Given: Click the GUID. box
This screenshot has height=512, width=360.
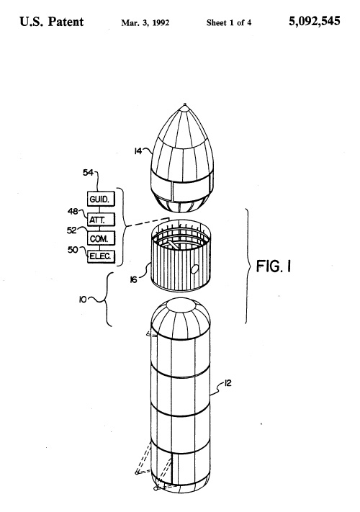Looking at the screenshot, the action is coord(102,199).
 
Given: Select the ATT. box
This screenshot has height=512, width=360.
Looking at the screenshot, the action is coord(102,219).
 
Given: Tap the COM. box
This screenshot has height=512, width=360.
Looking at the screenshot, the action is coord(102,238).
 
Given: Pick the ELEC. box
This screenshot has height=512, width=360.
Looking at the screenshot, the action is coord(102,256).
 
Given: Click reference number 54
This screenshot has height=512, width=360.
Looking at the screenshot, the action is coord(88,173).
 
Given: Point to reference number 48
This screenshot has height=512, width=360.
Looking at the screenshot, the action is coord(73,212).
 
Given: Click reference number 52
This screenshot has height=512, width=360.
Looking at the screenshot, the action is coord(72,230).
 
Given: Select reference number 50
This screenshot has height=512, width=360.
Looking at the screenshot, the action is coord(73,249).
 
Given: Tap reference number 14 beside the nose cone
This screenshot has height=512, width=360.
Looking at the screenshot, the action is coord(138,151).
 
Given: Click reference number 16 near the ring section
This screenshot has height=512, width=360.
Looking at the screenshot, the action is coord(133,280).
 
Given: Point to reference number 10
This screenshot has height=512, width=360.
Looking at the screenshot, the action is coord(83,299).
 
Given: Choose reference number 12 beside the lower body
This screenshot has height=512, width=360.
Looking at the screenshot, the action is coord(228,382).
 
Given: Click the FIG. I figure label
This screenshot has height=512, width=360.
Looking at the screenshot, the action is coord(274,266).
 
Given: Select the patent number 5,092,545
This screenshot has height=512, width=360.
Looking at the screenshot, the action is coord(315,22).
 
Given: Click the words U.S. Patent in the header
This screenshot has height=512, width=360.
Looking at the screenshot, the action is coord(52,22).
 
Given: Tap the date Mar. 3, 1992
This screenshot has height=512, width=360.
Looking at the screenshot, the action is coord(145,22).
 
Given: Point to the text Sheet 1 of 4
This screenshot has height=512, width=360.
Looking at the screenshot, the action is coord(229,22).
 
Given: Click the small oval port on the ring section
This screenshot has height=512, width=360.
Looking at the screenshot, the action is coord(194,269).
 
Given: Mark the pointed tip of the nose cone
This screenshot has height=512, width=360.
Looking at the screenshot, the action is coord(185,104).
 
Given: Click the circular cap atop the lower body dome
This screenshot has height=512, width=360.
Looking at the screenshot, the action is coord(181,305).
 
